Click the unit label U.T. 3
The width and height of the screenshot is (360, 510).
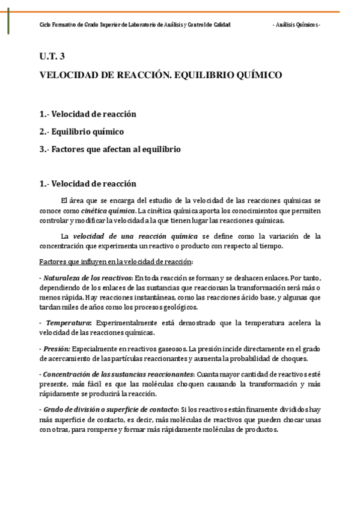[52, 57]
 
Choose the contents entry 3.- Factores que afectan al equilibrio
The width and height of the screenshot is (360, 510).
[109, 149]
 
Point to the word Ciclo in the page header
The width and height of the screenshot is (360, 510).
[45, 25]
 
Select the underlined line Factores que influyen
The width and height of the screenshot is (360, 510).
[115, 262]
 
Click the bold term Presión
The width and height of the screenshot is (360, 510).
[57, 349]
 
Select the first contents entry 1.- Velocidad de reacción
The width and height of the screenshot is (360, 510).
[88, 114]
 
